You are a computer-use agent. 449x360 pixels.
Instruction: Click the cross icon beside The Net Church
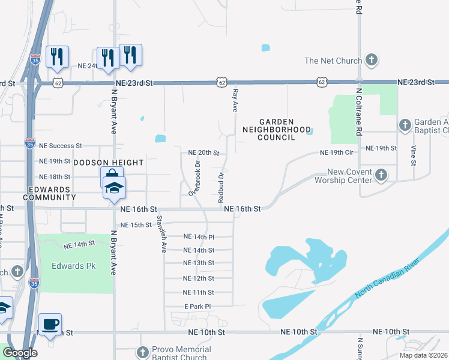tap(372, 60)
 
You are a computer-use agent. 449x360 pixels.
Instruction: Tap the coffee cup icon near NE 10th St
tap(50, 325)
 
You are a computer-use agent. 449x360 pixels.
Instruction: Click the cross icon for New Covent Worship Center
tap(381, 176)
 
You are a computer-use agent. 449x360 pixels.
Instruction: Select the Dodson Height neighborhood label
tap(109, 163)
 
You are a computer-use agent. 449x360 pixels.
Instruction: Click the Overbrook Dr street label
tap(194, 178)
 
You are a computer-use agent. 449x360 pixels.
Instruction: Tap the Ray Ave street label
tap(235, 99)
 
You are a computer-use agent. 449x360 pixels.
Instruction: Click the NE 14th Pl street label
tap(199, 237)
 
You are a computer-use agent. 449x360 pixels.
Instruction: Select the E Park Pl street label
tap(198, 307)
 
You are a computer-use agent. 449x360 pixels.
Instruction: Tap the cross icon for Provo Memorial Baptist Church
tap(143, 352)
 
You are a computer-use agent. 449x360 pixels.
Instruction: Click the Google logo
tap(20, 352)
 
